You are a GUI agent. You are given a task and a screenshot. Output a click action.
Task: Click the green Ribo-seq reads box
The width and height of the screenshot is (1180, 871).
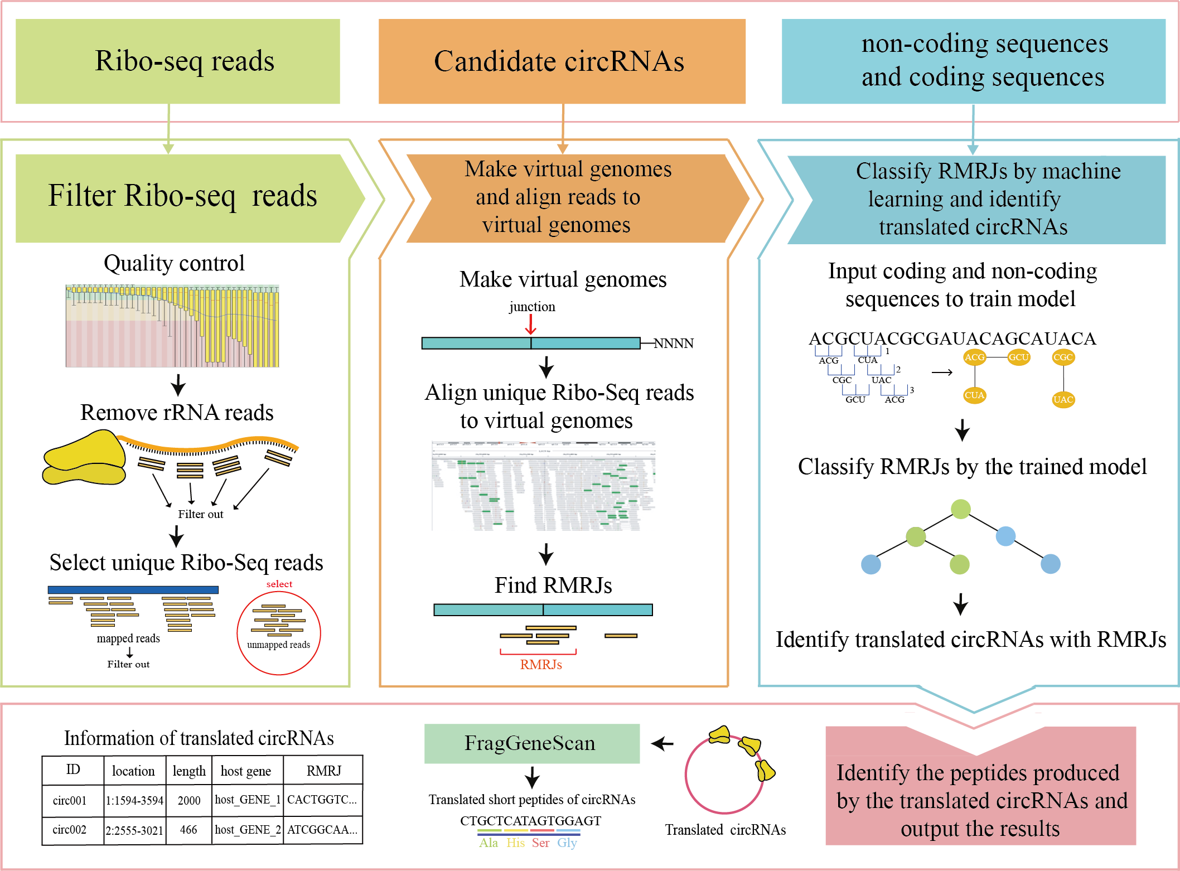(x=177, y=61)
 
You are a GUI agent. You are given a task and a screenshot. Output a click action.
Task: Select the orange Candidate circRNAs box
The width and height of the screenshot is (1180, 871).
(x=562, y=61)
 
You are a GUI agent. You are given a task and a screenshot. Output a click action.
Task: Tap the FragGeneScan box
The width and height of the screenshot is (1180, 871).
(x=531, y=743)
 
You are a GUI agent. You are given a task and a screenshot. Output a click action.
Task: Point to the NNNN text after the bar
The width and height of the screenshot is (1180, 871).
(x=673, y=343)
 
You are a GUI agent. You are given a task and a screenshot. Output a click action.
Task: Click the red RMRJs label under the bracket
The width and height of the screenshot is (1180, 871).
(x=540, y=665)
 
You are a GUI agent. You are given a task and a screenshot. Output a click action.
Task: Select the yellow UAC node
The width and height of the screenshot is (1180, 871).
(x=1063, y=399)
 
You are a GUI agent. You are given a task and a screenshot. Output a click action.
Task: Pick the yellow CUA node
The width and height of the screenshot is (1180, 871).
(x=974, y=395)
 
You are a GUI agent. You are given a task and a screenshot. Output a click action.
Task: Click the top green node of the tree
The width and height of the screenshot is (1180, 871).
(x=960, y=509)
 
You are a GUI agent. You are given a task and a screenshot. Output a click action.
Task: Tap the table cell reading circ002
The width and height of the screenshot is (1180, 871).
(x=70, y=829)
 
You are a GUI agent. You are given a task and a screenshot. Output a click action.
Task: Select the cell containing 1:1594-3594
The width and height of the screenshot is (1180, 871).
(x=134, y=800)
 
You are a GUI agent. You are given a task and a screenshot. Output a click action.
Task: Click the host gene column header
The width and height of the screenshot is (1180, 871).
(x=246, y=771)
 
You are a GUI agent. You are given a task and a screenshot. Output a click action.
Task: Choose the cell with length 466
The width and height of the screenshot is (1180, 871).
(x=188, y=829)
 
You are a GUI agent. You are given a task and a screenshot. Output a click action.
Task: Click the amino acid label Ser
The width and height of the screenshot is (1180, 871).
(x=540, y=843)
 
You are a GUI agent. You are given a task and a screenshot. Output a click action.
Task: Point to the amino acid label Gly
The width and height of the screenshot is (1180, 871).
(x=567, y=843)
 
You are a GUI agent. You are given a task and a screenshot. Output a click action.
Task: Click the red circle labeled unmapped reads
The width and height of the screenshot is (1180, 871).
(x=278, y=633)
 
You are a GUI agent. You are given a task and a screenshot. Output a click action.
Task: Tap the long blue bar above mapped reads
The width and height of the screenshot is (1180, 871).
(x=133, y=589)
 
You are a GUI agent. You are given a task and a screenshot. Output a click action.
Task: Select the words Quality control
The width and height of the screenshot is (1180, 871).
(x=174, y=263)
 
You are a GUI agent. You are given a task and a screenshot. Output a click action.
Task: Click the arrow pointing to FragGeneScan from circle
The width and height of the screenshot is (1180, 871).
(x=662, y=743)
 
